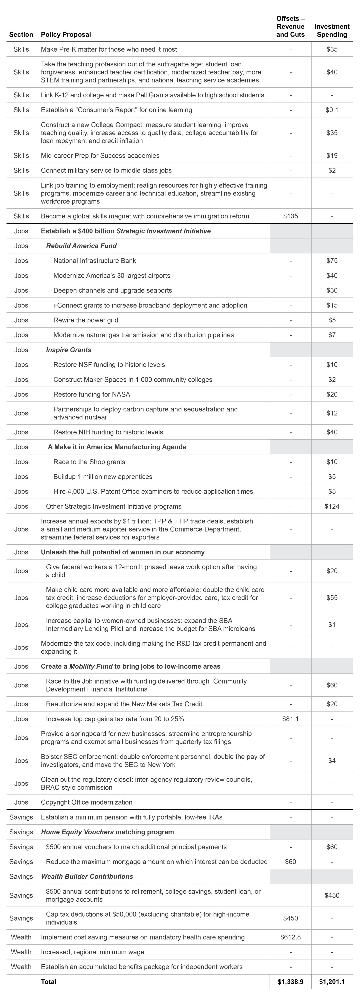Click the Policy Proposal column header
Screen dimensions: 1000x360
pyautogui.click(x=66, y=35)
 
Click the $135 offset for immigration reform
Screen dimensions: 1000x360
pyautogui.click(x=290, y=216)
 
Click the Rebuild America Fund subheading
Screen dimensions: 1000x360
pyautogui.click(x=81, y=246)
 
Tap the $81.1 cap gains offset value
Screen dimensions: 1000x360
pyautogui.click(x=290, y=719)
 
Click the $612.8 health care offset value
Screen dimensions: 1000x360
pyautogui.click(x=290, y=937)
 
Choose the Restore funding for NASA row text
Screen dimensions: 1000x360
pyautogui.click(x=92, y=394)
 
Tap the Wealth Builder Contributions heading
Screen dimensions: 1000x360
pyautogui.click(x=87, y=877)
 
